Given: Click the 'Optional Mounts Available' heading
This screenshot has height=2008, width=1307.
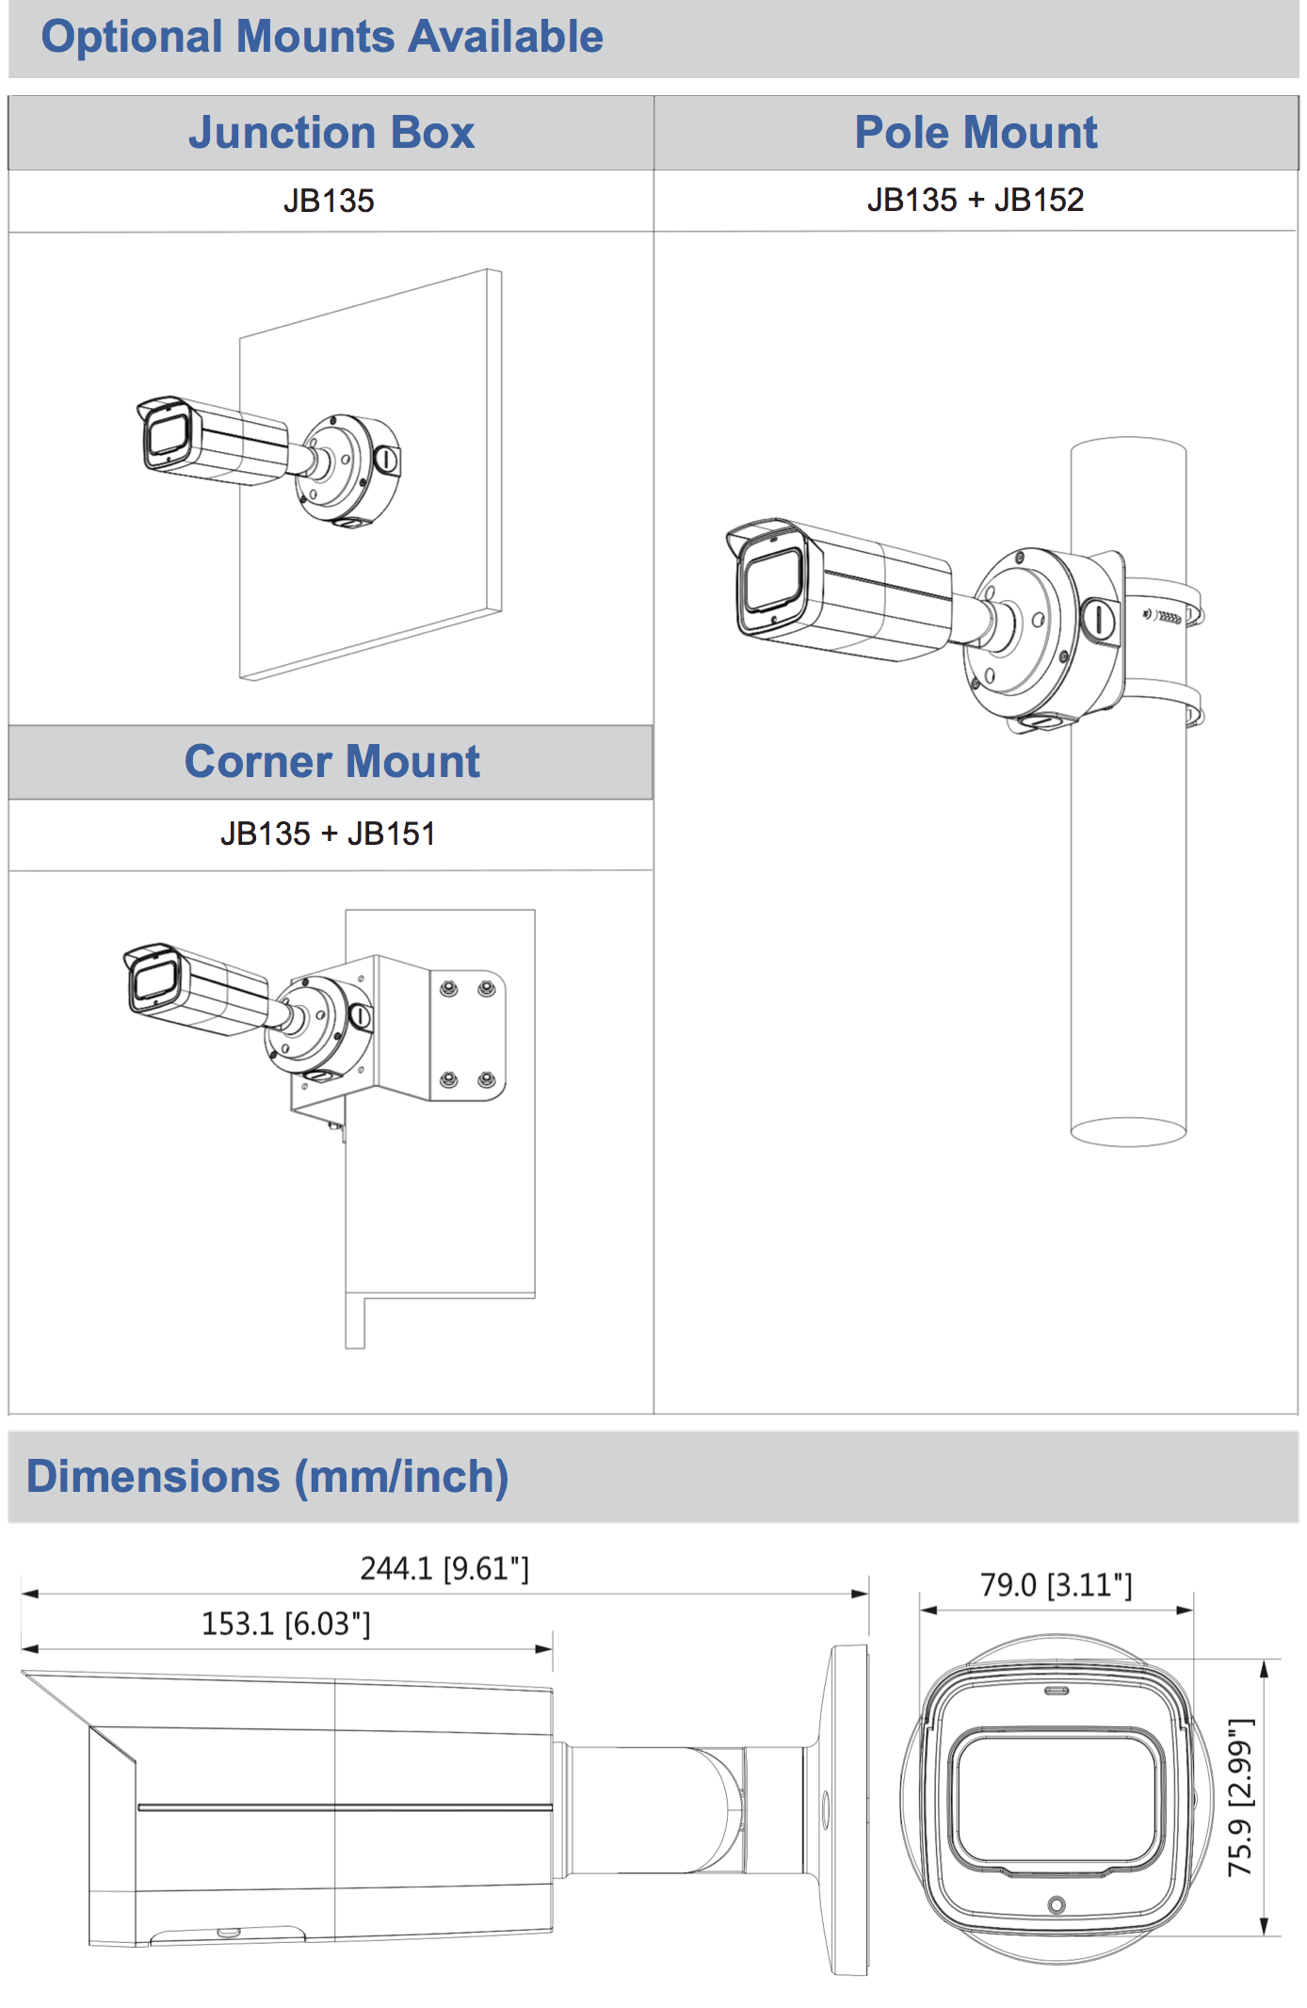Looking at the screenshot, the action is click(322, 38).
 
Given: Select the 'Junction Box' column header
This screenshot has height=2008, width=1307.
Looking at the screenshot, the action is click(331, 133).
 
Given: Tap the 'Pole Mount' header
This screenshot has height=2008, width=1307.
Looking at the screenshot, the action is click(976, 132).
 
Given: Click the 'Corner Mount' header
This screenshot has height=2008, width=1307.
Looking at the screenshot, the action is click(332, 761).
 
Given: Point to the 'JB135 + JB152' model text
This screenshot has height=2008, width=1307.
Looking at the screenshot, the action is click(976, 200).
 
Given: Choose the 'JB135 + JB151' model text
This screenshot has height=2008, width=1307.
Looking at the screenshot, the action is click(328, 834).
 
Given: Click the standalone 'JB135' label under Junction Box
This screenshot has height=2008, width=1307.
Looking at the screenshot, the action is click(329, 201).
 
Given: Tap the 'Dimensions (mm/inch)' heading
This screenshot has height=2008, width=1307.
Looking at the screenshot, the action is click(267, 1476).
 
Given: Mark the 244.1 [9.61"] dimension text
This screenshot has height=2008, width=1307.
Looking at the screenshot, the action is click(444, 1568).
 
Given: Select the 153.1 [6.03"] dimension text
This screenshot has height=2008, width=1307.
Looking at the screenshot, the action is click(286, 1624).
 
